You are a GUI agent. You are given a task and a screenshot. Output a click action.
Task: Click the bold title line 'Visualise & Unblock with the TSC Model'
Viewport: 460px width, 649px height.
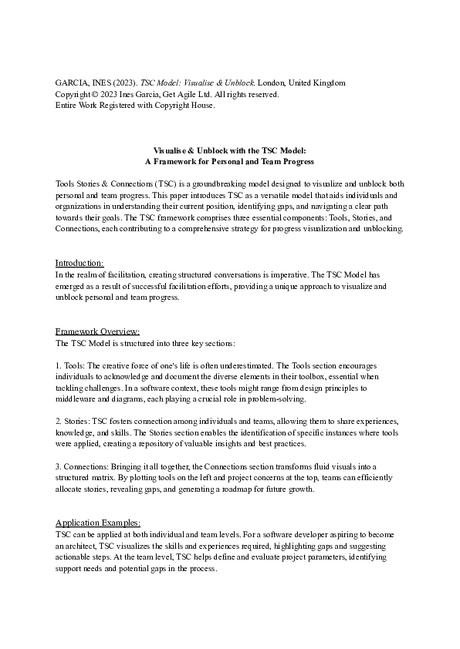230,151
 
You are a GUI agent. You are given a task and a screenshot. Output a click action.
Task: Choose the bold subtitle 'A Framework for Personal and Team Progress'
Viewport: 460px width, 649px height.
230,162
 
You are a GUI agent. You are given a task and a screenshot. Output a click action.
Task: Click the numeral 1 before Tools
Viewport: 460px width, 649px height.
59,365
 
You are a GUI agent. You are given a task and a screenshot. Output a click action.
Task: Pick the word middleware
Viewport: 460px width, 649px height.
82,399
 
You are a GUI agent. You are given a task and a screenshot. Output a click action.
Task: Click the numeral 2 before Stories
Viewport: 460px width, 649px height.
59,422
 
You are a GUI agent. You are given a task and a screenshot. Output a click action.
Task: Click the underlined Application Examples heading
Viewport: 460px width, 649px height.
98,523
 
